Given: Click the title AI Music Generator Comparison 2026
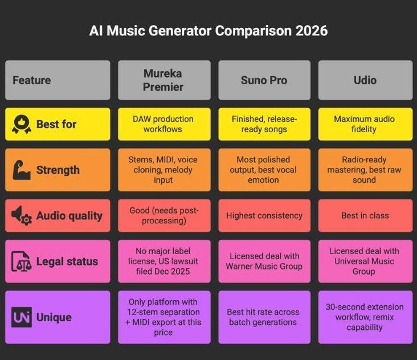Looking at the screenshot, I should click(x=208, y=31).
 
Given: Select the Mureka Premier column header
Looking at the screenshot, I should click(x=163, y=80).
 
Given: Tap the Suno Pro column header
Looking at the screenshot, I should click(x=264, y=80).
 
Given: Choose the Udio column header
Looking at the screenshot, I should click(x=365, y=80).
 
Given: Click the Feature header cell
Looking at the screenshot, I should click(x=57, y=80).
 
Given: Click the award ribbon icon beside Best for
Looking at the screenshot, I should click(x=22, y=124).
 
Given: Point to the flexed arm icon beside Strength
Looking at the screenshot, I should click(x=22, y=170).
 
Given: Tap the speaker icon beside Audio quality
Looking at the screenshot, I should click(x=22, y=216).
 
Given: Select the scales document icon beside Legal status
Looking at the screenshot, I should click(x=22, y=261).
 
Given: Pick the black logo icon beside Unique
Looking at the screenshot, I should click(x=22, y=317).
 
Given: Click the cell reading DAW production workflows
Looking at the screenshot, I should click(x=163, y=124).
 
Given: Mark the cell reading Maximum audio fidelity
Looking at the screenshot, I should click(x=365, y=124).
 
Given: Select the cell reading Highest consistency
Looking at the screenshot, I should click(x=264, y=216).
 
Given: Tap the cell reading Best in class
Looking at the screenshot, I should click(x=365, y=216).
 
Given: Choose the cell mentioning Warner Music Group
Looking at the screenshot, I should click(x=264, y=261).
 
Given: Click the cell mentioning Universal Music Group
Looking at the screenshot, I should click(x=365, y=261).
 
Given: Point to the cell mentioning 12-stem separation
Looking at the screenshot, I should click(x=163, y=317).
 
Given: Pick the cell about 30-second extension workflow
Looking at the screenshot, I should click(x=365, y=317).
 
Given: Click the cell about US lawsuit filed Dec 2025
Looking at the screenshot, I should click(x=163, y=261).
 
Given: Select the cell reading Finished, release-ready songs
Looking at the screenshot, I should click(x=264, y=124).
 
